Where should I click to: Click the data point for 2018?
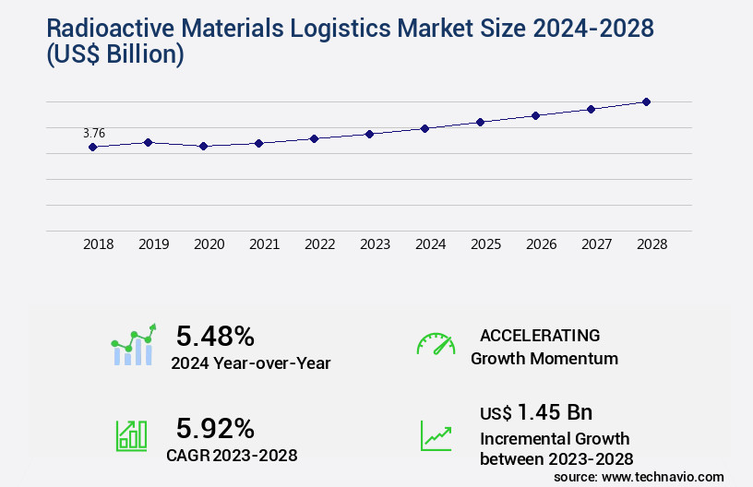(92, 147)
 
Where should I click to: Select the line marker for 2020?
(203, 146)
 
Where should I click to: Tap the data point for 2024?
(424, 128)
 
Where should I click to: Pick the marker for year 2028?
(646, 101)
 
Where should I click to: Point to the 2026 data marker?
(535, 115)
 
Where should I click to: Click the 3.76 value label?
(94, 133)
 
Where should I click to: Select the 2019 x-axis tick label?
(153, 244)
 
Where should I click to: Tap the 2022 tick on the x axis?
(319, 244)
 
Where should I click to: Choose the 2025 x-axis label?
(485, 244)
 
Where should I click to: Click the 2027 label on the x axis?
(596, 244)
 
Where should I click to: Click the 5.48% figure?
(215, 336)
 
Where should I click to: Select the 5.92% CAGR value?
(215, 428)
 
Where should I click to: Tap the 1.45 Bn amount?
(555, 411)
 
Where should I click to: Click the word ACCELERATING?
(540, 335)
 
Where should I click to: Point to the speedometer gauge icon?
(436, 344)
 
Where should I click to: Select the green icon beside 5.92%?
(131, 435)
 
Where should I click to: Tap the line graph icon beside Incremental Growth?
(436, 435)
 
